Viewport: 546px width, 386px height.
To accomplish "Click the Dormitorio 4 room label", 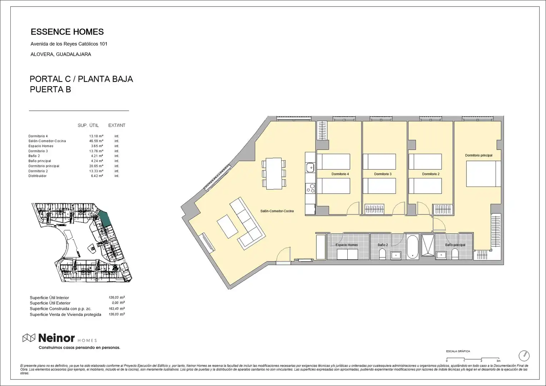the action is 340,174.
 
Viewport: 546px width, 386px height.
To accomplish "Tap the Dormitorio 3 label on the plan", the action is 383,174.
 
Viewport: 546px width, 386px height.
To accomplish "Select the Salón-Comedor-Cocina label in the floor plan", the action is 277,211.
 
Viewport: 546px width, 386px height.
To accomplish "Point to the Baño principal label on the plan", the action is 455,245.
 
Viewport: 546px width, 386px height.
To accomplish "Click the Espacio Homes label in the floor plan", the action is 347,245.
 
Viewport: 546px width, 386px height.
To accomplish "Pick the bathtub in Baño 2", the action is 412,247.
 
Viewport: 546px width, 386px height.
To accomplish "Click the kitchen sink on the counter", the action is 310,168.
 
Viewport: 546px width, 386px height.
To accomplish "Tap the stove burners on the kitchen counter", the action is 310,188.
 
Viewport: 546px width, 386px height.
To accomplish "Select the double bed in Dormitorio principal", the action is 483,174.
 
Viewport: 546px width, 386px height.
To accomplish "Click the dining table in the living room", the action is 274,173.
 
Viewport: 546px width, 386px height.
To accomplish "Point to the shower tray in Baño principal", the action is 428,245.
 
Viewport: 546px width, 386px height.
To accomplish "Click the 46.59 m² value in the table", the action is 96,141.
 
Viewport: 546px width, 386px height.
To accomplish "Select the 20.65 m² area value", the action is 96,166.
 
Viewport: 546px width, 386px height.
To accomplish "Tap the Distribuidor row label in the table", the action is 37,176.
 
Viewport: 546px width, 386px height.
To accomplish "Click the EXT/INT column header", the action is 117,125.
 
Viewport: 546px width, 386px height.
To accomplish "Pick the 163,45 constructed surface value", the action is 113,309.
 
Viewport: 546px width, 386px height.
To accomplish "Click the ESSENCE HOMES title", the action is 67,32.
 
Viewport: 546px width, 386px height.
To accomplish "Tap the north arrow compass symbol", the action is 524,356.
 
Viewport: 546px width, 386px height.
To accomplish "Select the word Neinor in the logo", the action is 56,338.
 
